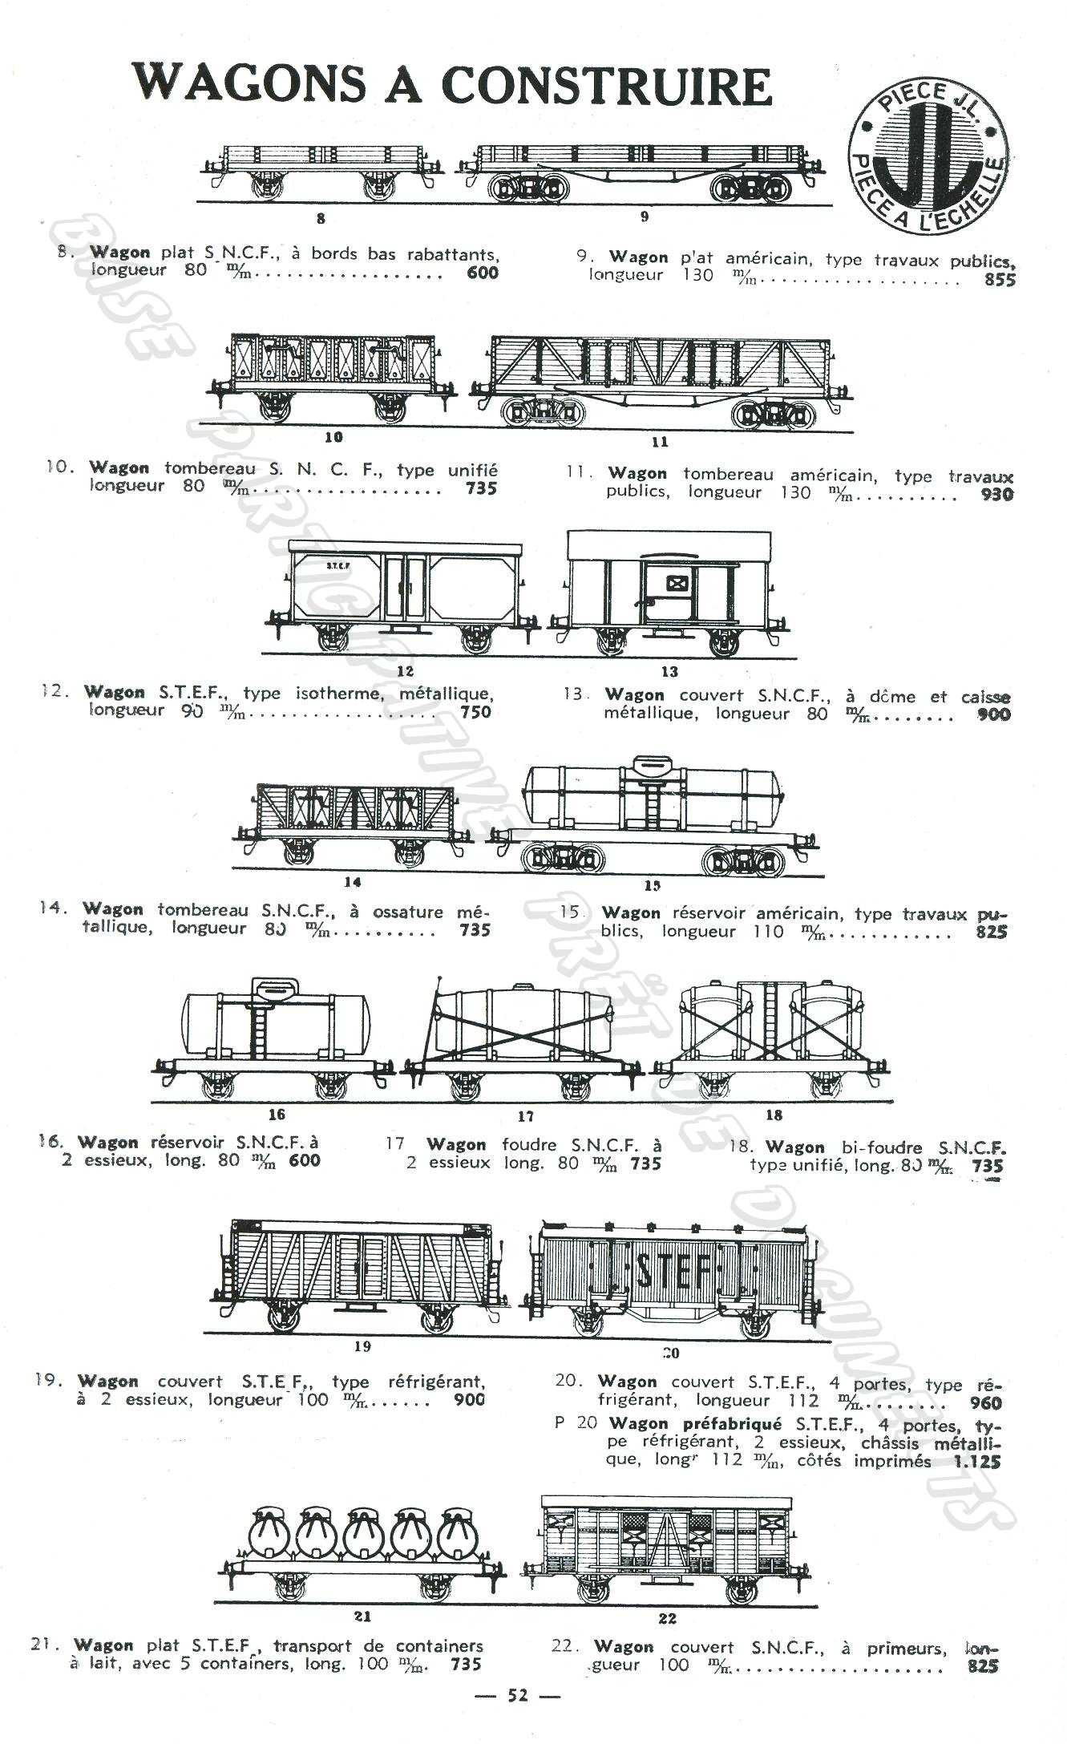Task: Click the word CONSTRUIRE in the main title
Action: click(x=606, y=87)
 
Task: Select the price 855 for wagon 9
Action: click(x=1000, y=280)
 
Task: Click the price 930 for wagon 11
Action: click(x=996, y=495)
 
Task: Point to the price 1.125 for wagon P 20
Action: click(x=977, y=1461)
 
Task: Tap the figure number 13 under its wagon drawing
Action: click(x=669, y=672)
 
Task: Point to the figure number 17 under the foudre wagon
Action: click(x=525, y=1115)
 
